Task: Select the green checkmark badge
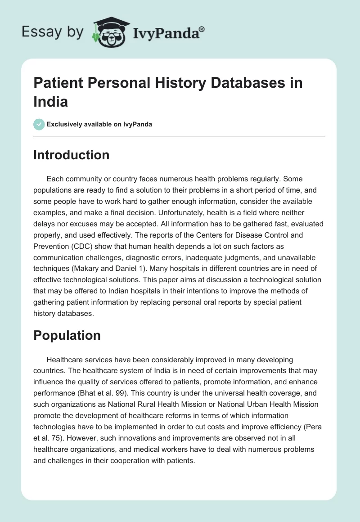click(x=39, y=124)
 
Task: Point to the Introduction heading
click(x=72, y=155)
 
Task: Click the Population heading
click(x=67, y=336)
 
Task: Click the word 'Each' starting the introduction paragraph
click(x=55, y=179)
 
